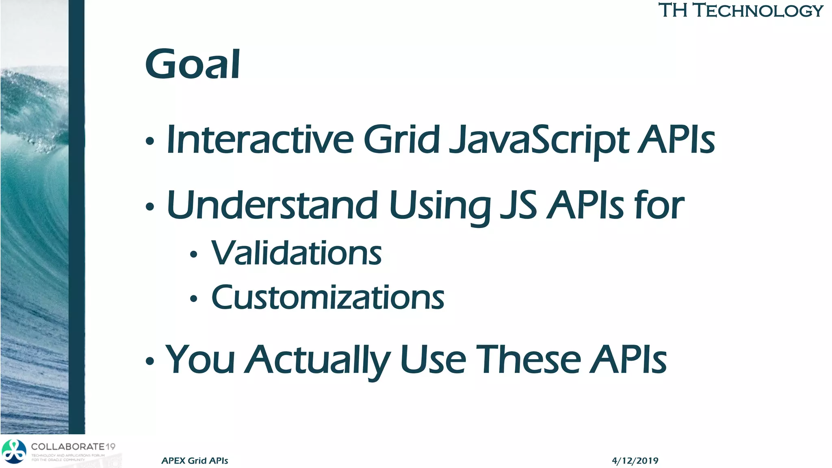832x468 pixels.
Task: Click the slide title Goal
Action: click(x=193, y=64)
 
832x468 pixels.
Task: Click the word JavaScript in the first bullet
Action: click(x=539, y=140)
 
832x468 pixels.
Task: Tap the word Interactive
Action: click(x=260, y=140)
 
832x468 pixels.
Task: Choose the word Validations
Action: click(x=296, y=253)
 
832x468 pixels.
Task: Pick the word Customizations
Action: click(x=327, y=298)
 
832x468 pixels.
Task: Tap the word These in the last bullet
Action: click(x=528, y=360)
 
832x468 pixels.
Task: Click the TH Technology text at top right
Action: click(x=740, y=11)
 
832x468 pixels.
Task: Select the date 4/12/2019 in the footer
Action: click(x=635, y=461)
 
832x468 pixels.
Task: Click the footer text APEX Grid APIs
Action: click(x=195, y=461)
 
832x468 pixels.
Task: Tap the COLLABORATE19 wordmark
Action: click(x=73, y=446)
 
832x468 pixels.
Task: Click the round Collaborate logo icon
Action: click(x=14, y=451)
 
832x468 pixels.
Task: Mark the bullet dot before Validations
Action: click(x=193, y=255)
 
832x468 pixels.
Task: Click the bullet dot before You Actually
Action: click(x=150, y=361)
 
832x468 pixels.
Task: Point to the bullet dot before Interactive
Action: click(x=150, y=142)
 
